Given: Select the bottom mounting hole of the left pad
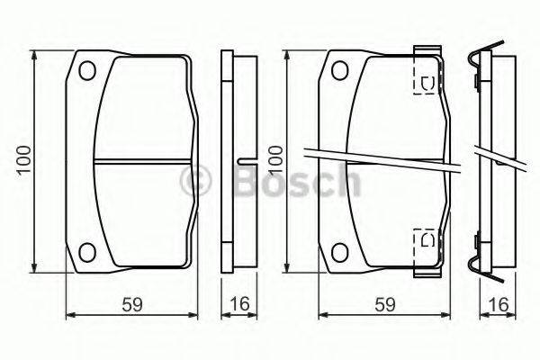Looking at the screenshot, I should [88, 252].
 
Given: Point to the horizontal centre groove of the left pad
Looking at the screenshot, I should [144, 161].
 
